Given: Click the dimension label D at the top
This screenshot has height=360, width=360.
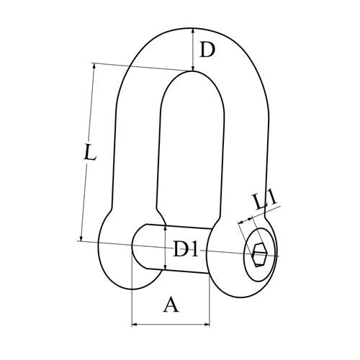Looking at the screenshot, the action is [x=207, y=50].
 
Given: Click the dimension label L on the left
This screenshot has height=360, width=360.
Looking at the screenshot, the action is [x=90, y=152].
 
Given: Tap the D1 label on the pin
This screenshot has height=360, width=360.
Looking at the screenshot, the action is [x=186, y=249].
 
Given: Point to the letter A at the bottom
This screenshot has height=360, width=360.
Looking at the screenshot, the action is [x=171, y=305].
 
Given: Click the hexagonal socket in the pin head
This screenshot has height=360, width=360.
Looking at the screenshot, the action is [x=259, y=255].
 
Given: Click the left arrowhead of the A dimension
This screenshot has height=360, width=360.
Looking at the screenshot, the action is [x=135, y=325].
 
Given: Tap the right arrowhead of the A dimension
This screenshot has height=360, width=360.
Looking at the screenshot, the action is [x=207, y=325].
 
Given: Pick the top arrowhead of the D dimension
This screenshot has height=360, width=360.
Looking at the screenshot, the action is [x=193, y=31].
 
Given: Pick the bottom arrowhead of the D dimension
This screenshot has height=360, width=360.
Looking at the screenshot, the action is [x=192, y=68].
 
